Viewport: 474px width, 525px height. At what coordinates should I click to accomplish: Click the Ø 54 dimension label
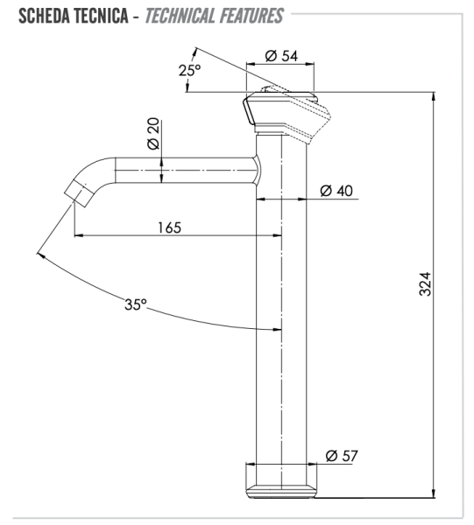[280, 56]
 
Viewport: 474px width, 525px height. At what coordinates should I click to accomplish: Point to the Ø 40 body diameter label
[336, 191]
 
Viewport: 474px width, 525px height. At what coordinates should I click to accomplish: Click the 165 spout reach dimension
[169, 227]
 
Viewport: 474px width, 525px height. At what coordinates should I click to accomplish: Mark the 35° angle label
[136, 305]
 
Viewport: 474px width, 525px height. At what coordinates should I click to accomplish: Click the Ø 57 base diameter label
[341, 455]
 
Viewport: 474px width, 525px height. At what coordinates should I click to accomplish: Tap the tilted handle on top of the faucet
[287, 110]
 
